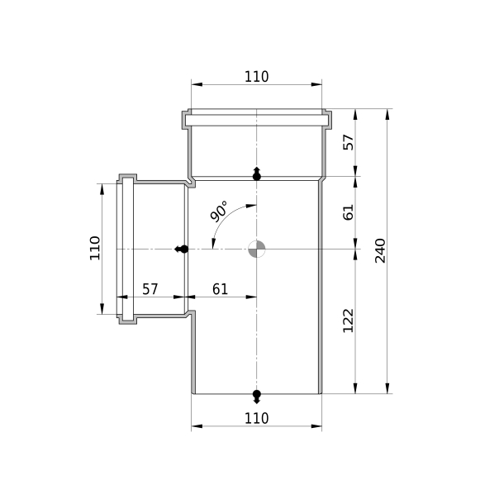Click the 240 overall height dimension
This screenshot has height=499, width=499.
pos(380,251)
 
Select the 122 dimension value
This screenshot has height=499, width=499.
pos(348,321)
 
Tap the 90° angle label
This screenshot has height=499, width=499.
pos(219,211)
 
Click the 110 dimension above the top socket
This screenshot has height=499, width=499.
pos(256,77)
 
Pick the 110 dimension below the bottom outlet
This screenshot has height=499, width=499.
pos(256,418)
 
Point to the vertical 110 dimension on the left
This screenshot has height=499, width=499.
pos(94,248)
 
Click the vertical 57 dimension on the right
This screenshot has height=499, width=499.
pos(348,142)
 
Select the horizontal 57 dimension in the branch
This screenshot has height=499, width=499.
pos(150,289)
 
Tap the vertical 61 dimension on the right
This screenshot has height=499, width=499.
pos(348,212)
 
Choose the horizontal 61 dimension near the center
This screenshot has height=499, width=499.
pos(221,289)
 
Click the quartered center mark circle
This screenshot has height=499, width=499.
pos(256,249)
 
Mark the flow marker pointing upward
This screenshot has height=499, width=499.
pos(256,173)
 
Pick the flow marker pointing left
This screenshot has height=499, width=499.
pos(182,249)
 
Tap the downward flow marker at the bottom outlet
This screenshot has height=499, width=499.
pos(256,397)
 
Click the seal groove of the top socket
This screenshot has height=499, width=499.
pos(256,121)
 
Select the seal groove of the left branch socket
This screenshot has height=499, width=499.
pos(128,249)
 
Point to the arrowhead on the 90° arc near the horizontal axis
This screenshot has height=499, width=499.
pos(213,244)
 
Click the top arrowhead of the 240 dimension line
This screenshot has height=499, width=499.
pos(387,114)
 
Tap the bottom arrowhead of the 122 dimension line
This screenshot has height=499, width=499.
pos(355,388)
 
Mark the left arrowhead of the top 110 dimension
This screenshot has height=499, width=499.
pos(197,84)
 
